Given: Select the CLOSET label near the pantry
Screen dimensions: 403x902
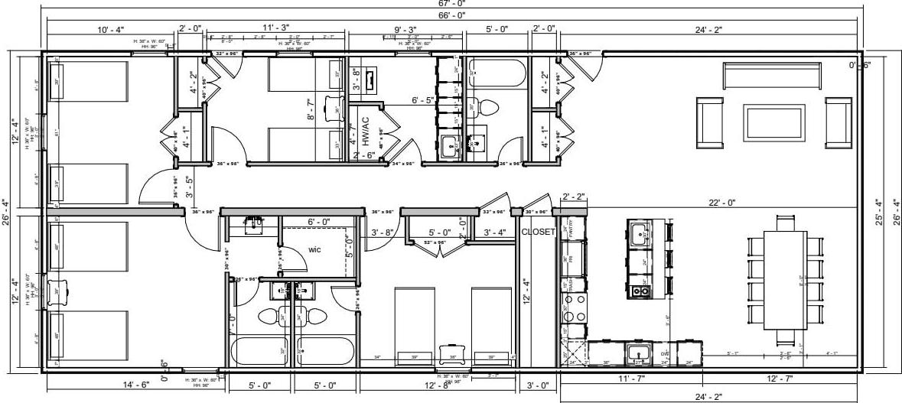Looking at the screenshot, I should [x=536, y=232].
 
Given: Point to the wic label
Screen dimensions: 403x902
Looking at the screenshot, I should [x=314, y=249].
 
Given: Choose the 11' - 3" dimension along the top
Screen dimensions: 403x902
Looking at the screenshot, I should [x=275, y=28].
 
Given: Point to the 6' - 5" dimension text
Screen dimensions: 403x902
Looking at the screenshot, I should [x=422, y=100].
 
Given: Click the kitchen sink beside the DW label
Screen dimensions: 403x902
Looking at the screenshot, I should [x=639, y=353].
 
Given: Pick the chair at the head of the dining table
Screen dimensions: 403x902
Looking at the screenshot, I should [x=785, y=222].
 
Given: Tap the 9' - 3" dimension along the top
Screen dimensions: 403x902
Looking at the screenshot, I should [x=406, y=28].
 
